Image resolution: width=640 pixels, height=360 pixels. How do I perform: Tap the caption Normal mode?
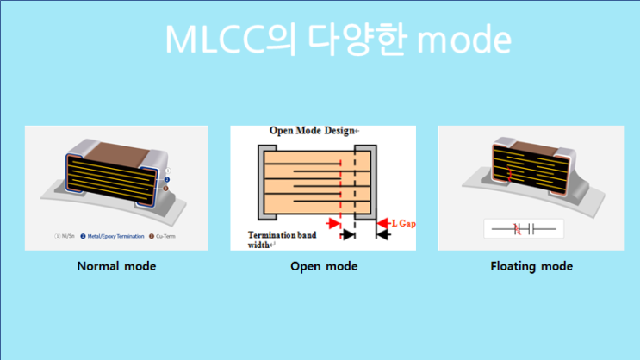click(x=116, y=266)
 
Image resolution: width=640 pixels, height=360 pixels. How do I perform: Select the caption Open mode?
click(x=324, y=266)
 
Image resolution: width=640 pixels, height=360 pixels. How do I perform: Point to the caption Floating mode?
click(x=531, y=266)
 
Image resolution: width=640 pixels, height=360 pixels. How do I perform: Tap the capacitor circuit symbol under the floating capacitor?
click(x=524, y=228)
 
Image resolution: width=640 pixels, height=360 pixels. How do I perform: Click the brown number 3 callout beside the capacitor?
click(x=165, y=189)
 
